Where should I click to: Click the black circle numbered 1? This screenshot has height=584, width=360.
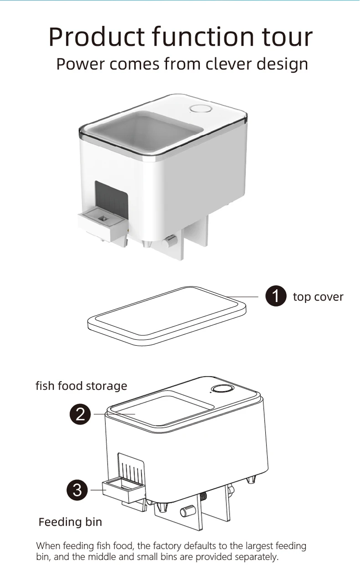pyautogui.click(x=276, y=297)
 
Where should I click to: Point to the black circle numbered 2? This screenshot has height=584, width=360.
pyautogui.click(x=80, y=414)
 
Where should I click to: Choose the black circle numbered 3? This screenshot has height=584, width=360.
pyautogui.click(x=77, y=490)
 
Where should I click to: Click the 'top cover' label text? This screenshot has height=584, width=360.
pyautogui.click(x=318, y=297)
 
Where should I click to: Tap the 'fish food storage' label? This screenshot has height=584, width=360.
pyautogui.click(x=81, y=386)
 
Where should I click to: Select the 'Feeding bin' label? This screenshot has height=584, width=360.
pyautogui.click(x=70, y=522)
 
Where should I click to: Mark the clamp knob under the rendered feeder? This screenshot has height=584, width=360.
pyautogui.click(x=170, y=240)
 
